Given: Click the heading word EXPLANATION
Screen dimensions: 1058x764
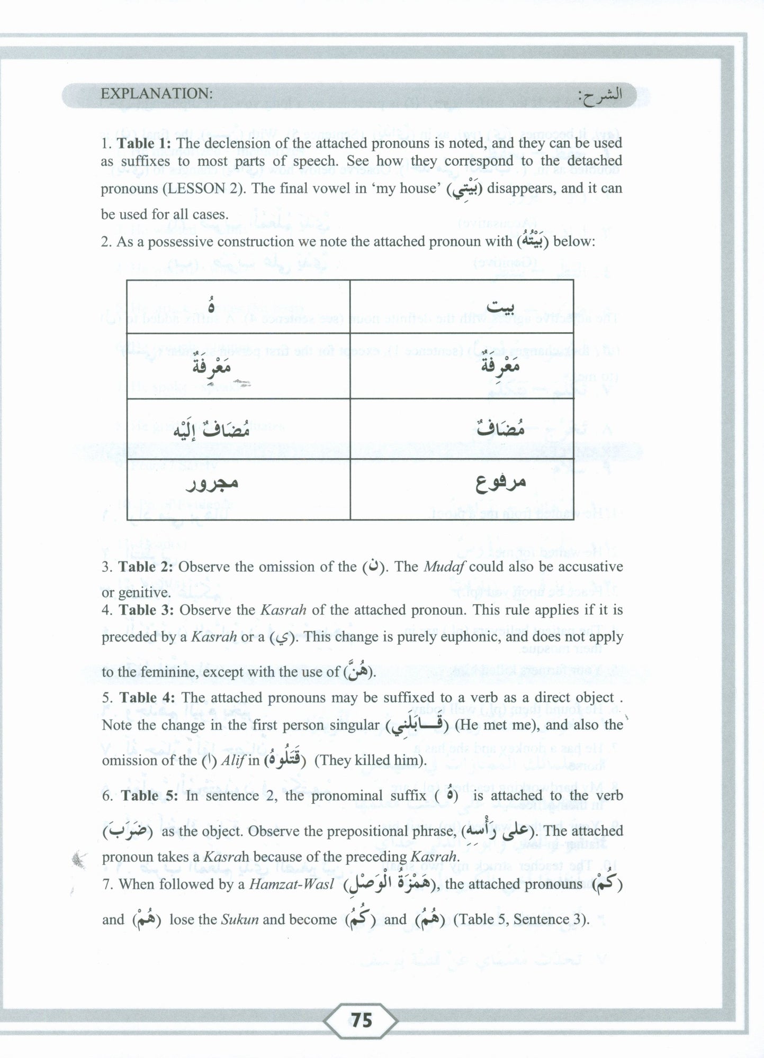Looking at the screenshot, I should click(x=157, y=94).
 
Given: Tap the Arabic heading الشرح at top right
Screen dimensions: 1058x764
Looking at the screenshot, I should click(x=599, y=95).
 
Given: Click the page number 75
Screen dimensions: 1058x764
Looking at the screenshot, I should click(x=361, y=1020).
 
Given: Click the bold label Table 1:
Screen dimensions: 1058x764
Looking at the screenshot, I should click(x=144, y=143).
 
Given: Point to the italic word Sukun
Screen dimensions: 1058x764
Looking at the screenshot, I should click(x=240, y=919).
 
